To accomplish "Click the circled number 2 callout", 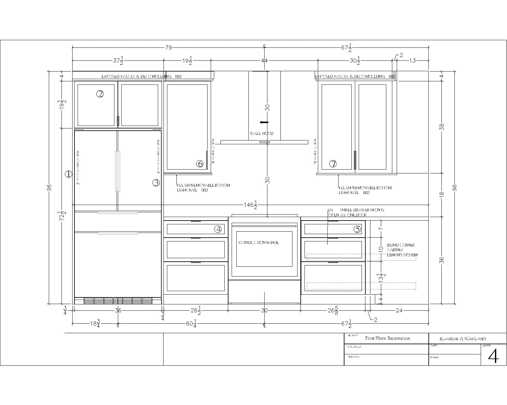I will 100,94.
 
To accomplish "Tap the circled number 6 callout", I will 200,164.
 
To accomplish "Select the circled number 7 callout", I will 333,164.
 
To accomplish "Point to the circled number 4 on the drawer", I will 218,229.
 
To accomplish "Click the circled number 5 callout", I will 357,229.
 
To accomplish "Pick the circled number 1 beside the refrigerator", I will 68,174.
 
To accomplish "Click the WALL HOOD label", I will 261,134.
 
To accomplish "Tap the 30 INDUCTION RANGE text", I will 258,243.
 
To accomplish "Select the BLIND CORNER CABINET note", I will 402,250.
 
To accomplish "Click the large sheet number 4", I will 493,356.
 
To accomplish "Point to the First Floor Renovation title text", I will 387,338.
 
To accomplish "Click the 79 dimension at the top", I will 168,48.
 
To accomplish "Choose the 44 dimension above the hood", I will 264,61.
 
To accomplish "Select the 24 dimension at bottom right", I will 399,310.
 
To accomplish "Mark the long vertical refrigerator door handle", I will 118,171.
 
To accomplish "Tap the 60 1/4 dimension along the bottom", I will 191,324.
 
